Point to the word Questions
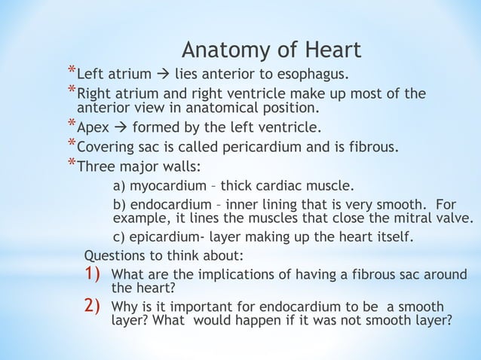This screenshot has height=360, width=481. coord(115,256)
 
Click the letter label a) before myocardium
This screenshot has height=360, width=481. coord(119,185)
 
